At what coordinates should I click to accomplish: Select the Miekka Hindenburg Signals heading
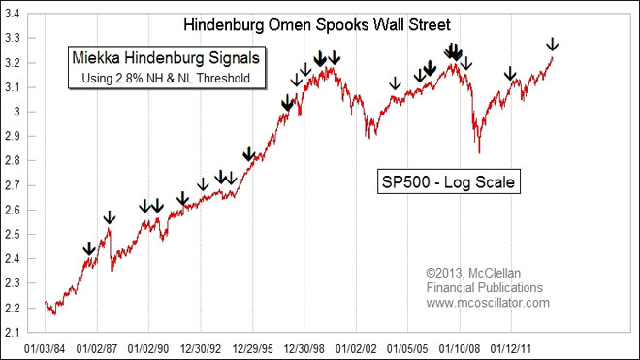point(160,59)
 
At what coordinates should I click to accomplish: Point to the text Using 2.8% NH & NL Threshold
point(160,79)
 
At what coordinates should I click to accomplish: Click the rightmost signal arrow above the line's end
point(552,44)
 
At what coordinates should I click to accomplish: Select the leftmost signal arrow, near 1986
point(89,248)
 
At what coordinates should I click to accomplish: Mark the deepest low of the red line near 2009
point(479,151)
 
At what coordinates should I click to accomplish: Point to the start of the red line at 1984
point(46,303)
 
